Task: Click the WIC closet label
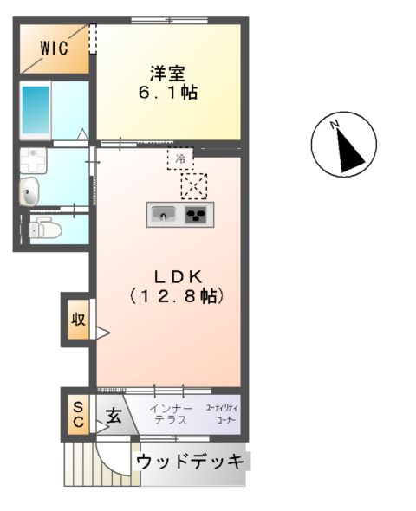coord(53,49)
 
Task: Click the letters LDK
coord(178,277)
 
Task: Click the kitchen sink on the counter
coord(162,214)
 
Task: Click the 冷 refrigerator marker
coord(180,159)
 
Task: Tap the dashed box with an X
coord(194,184)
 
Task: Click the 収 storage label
coord(77,320)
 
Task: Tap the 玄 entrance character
coord(114,415)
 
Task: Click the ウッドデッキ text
coord(191,462)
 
